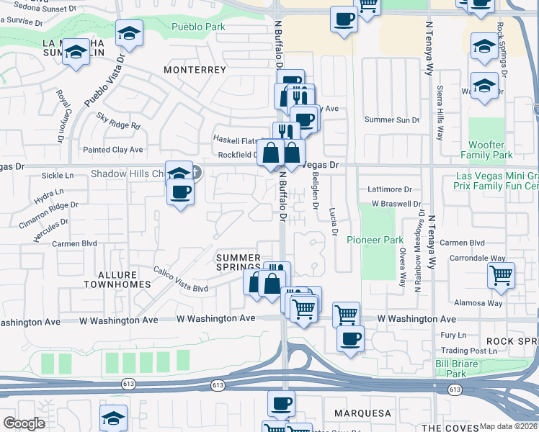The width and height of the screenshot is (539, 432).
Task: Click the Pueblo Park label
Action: pyautogui.click(x=198, y=27)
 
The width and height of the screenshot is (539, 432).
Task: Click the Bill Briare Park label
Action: pyautogui.click(x=457, y=369)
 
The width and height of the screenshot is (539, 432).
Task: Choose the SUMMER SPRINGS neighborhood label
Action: pyautogui.click(x=238, y=263)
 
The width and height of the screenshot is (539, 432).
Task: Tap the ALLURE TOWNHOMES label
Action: pyautogui.click(x=116, y=279)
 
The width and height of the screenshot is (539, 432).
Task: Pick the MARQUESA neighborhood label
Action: pyautogui.click(x=362, y=413)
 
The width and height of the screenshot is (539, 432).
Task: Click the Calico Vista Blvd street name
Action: pyautogui.click(x=180, y=280)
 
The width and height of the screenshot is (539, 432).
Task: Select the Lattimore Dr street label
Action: pyautogui.click(x=389, y=189)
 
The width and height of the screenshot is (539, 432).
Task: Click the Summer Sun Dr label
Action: pyautogui.click(x=391, y=120)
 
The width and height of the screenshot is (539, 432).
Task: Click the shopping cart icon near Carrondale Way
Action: pyautogui.click(x=501, y=275)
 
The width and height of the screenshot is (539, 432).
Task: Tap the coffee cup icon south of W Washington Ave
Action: pyautogui.click(x=350, y=338)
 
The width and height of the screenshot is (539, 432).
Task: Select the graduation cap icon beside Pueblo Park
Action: pyautogui.click(x=130, y=33)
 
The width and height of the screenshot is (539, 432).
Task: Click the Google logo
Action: pyautogui.click(x=24, y=423)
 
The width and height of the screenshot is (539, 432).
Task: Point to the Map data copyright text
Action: pyautogui.click(x=509, y=426)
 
